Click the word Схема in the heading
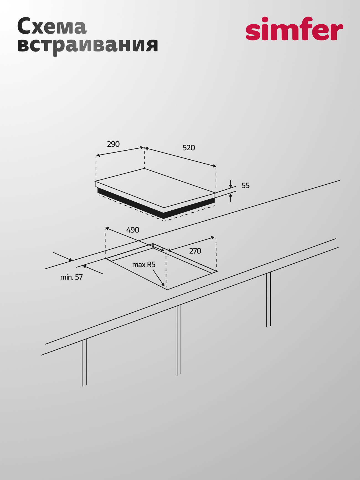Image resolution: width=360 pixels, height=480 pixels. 52,27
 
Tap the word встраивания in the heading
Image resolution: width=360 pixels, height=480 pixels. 88,45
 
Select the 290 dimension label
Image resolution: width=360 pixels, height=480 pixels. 113,144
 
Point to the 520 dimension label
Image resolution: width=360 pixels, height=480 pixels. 189,148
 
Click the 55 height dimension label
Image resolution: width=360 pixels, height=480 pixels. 245,185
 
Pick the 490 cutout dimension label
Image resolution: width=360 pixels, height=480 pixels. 133,230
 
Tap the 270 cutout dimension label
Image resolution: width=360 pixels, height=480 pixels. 195,251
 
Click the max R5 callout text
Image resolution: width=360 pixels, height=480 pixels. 144,265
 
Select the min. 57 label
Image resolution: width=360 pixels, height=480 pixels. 71,277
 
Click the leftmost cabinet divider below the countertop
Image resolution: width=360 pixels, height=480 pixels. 84,363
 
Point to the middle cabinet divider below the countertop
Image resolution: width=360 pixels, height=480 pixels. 179,340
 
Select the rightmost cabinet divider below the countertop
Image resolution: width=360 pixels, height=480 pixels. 268,300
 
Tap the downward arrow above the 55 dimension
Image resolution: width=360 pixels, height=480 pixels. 230,184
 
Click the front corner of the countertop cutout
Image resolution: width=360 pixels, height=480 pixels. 167,290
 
